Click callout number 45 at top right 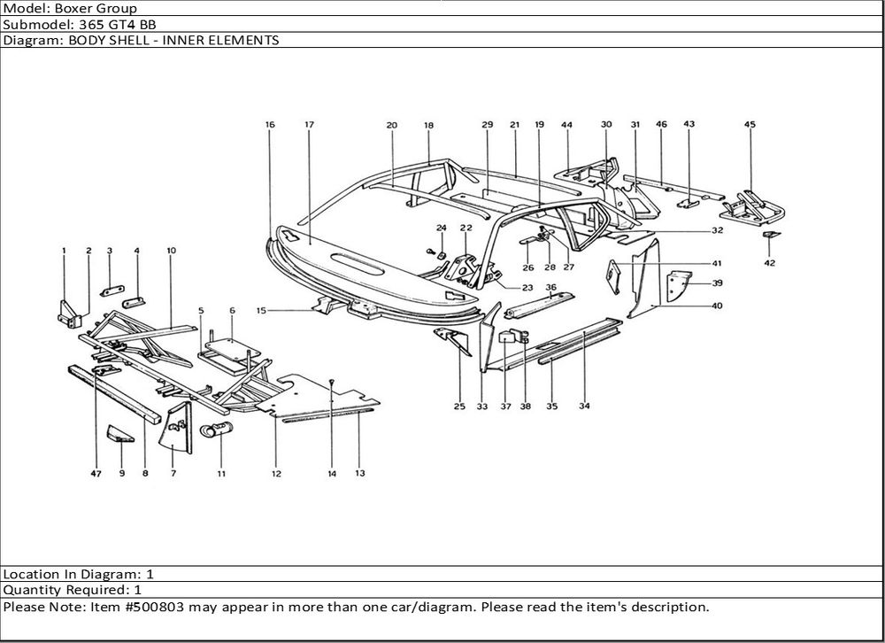[x=750, y=125]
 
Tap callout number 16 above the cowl [x=270, y=125]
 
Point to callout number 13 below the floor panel [x=360, y=473]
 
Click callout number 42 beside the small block [x=769, y=263]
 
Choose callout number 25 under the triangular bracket [x=459, y=407]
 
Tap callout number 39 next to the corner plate [x=717, y=283]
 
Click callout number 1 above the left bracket [x=64, y=252]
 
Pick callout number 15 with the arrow [x=261, y=311]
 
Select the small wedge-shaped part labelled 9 [x=119, y=434]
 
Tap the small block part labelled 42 [x=770, y=235]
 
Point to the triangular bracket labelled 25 [x=452, y=341]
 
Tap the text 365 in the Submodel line [x=73, y=24]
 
